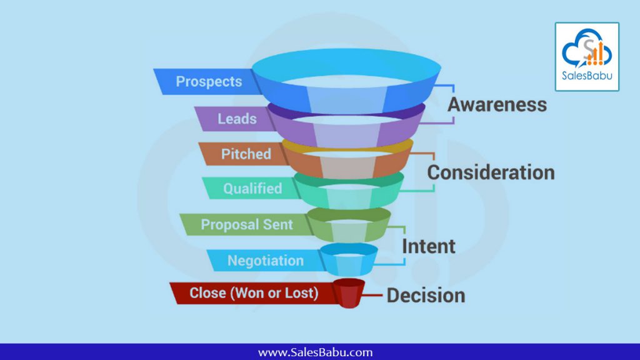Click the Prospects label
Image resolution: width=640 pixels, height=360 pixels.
pyautogui.click(x=209, y=82)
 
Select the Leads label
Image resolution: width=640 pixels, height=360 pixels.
pyautogui.click(x=237, y=119)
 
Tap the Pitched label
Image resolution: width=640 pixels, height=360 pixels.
pyautogui.click(x=246, y=154)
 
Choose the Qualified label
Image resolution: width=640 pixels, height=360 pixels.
pyautogui.click(x=252, y=189)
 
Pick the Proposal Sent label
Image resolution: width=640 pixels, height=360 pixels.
pyautogui.click(x=247, y=224)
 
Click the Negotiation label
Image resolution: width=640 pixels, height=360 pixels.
pyautogui.click(x=265, y=261)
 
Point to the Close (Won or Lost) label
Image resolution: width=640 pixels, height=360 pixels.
pyautogui.click(x=254, y=293)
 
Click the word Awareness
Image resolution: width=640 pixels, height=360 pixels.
pyautogui.click(x=497, y=104)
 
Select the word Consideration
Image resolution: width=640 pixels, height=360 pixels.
pyautogui.click(x=491, y=172)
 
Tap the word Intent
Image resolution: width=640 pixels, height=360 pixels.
pyautogui.click(x=429, y=246)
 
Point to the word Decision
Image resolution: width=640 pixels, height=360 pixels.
pyautogui.click(x=426, y=296)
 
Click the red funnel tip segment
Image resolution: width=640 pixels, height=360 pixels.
pyautogui.click(x=349, y=294)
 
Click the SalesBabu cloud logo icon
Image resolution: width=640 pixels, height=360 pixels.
pyautogui.click(x=587, y=47)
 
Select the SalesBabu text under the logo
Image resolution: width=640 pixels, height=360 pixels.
pyautogui.click(x=587, y=76)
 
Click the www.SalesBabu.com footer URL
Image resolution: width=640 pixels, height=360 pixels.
pyautogui.click(x=315, y=352)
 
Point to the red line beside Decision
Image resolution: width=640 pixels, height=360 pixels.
pyautogui.click(x=372, y=295)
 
